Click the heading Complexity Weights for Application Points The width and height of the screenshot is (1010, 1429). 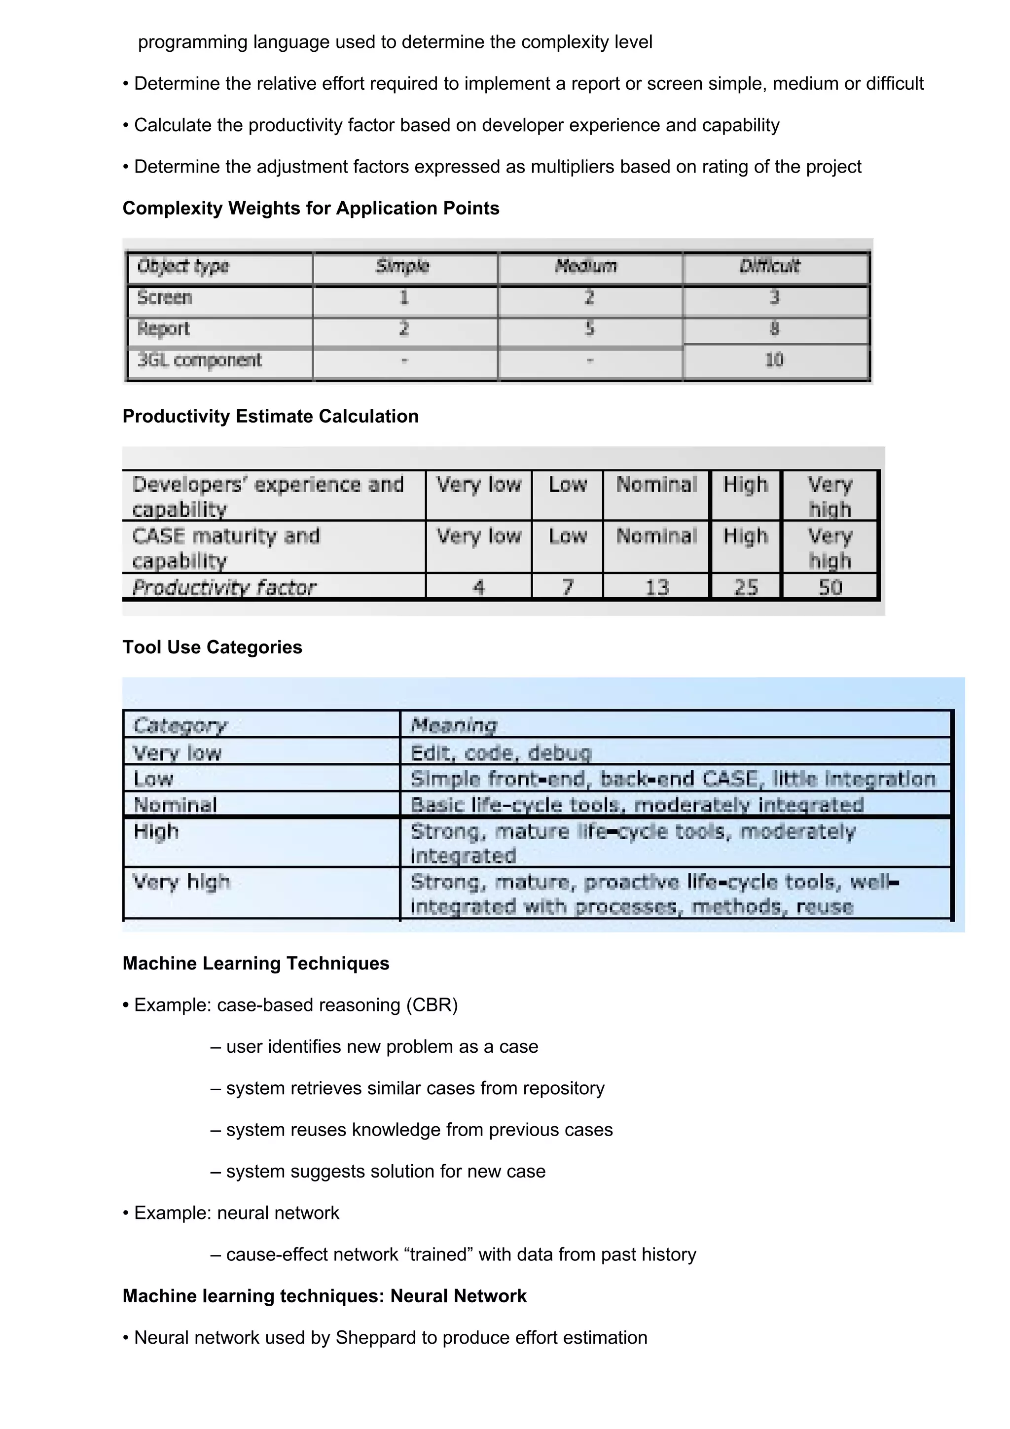click(x=311, y=208)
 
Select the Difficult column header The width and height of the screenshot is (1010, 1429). click(x=770, y=266)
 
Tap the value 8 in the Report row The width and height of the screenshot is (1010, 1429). click(x=774, y=328)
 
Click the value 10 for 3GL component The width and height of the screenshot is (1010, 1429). click(x=774, y=360)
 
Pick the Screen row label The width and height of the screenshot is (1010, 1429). click(x=164, y=297)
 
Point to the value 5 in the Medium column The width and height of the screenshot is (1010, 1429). click(x=589, y=328)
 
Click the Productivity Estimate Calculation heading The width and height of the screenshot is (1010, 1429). click(x=270, y=416)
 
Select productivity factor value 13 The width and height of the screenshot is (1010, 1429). click(x=656, y=587)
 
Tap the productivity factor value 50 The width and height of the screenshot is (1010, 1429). click(x=830, y=587)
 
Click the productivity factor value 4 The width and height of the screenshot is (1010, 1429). click(x=478, y=587)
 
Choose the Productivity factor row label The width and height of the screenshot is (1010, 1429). click(x=224, y=587)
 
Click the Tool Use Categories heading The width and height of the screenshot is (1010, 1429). click(x=212, y=647)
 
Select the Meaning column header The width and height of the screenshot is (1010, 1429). click(x=454, y=725)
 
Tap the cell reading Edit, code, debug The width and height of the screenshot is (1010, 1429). click(x=501, y=753)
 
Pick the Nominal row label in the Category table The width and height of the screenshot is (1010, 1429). click(x=176, y=805)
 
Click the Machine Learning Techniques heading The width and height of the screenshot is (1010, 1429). click(x=256, y=964)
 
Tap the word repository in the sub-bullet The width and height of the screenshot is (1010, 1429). click(x=563, y=1088)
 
